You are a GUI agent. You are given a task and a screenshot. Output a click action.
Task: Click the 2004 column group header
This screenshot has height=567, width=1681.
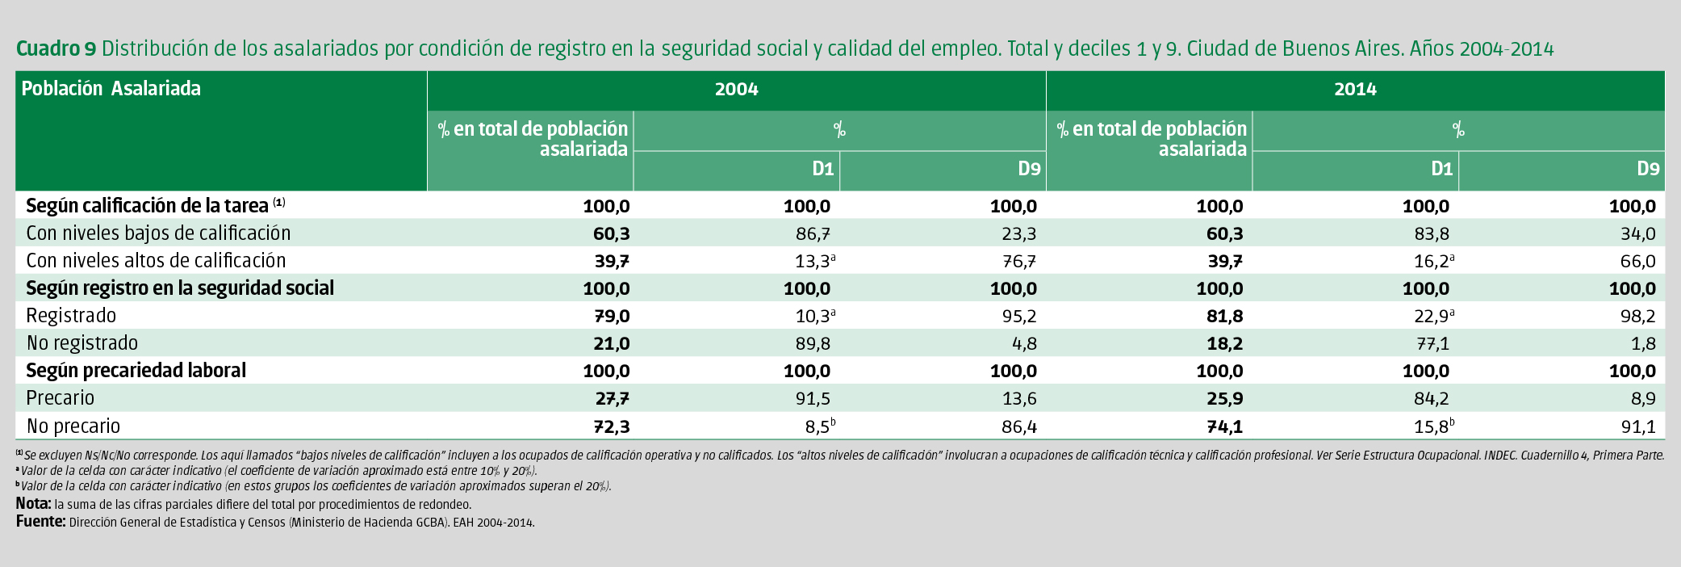[x=736, y=90]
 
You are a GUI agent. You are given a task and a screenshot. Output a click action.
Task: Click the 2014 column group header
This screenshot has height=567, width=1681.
[x=1355, y=90]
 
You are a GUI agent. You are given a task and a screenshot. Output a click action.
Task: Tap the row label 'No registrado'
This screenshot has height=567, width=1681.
[x=82, y=343]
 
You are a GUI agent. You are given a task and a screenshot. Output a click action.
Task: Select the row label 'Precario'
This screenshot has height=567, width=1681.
[x=61, y=398]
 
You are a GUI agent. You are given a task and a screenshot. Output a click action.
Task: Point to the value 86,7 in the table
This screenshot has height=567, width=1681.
[x=813, y=234]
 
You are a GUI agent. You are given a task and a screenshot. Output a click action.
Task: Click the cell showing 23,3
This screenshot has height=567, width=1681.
[x=1019, y=234]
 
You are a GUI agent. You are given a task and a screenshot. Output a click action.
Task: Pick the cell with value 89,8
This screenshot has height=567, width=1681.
[x=813, y=344]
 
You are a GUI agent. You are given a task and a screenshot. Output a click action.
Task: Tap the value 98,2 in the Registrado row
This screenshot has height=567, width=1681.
[x=1638, y=317]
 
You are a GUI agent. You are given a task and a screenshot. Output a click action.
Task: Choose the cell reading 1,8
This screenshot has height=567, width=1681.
[x=1643, y=344]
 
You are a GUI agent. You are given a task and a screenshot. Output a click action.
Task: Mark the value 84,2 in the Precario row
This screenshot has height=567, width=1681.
[x=1432, y=399]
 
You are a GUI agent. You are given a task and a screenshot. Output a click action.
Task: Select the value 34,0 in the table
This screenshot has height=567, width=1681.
[x=1638, y=234]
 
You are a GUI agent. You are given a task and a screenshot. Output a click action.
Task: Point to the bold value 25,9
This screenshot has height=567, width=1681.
[x=1224, y=399]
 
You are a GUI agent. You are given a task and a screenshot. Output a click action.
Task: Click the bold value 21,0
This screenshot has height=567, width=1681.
[x=611, y=344]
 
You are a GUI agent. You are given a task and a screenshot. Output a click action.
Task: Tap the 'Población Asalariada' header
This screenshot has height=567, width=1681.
[x=111, y=89]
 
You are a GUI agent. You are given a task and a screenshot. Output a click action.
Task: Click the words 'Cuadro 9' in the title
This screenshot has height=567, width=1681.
[x=56, y=49]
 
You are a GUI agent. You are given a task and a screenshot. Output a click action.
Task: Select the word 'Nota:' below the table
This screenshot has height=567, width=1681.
[x=33, y=504]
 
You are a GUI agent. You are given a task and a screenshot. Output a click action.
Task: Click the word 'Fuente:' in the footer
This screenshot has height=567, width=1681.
[x=40, y=522]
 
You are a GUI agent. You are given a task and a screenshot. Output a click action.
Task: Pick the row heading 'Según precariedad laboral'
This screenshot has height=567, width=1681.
[x=136, y=371]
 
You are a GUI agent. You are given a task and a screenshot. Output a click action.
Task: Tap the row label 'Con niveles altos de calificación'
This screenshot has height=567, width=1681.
[x=156, y=261]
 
